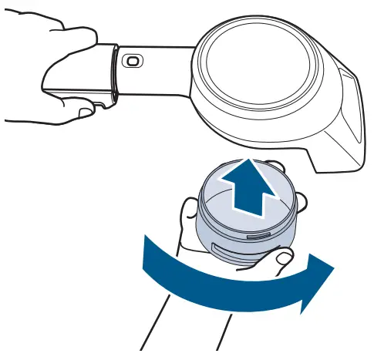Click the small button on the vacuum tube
pos(133,61)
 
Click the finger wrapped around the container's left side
pos(190,220)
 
